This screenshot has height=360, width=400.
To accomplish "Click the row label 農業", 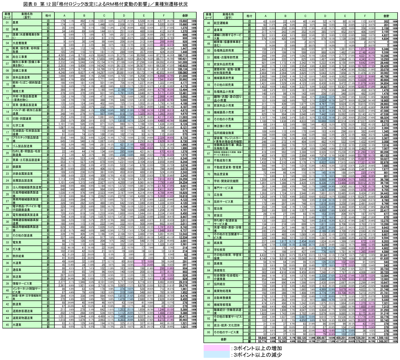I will pos(16,23).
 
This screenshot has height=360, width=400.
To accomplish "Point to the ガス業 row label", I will pos(17,249).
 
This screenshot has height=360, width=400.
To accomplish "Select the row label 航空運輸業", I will pos(222,23).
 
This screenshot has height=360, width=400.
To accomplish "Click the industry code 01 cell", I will pos(7,23).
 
